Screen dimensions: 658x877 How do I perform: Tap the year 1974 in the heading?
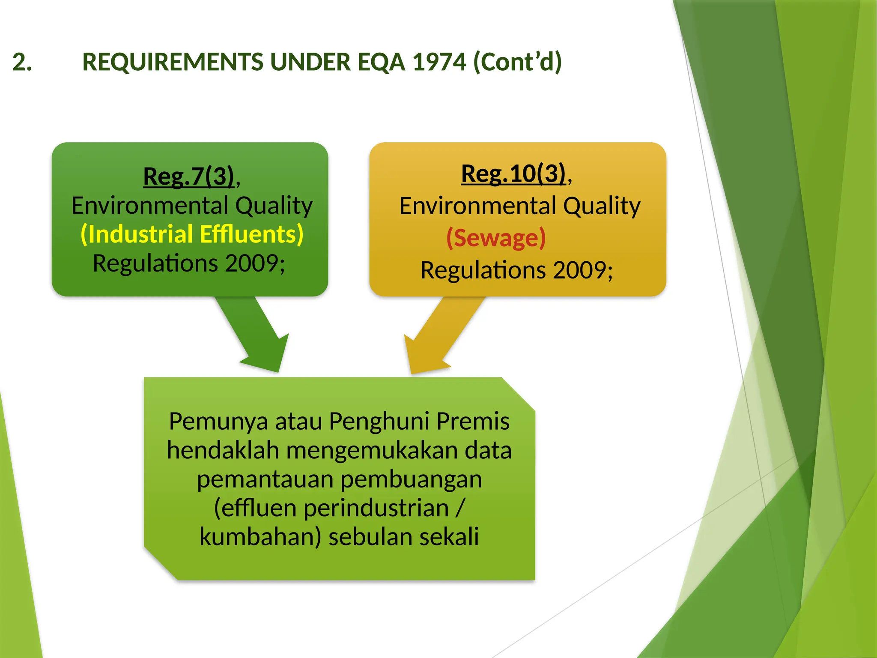coord(439,62)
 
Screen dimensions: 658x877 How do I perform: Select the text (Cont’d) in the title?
coord(517,62)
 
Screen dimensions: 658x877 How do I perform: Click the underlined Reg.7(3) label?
coord(188,176)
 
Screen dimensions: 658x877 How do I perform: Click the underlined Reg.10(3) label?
coord(513,173)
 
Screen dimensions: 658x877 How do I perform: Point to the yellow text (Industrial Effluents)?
coord(192,234)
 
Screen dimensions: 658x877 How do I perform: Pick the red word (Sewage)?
coord(496,238)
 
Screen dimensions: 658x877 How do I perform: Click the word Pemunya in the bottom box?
coord(218,421)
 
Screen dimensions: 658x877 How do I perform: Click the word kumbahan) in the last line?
coord(260,537)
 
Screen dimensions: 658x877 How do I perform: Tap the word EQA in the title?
coord(381,62)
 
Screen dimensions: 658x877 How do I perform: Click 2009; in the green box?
coord(255,263)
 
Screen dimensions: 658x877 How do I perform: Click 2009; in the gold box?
coord(583,270)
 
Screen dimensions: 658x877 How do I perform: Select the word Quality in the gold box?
coord(602,206)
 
